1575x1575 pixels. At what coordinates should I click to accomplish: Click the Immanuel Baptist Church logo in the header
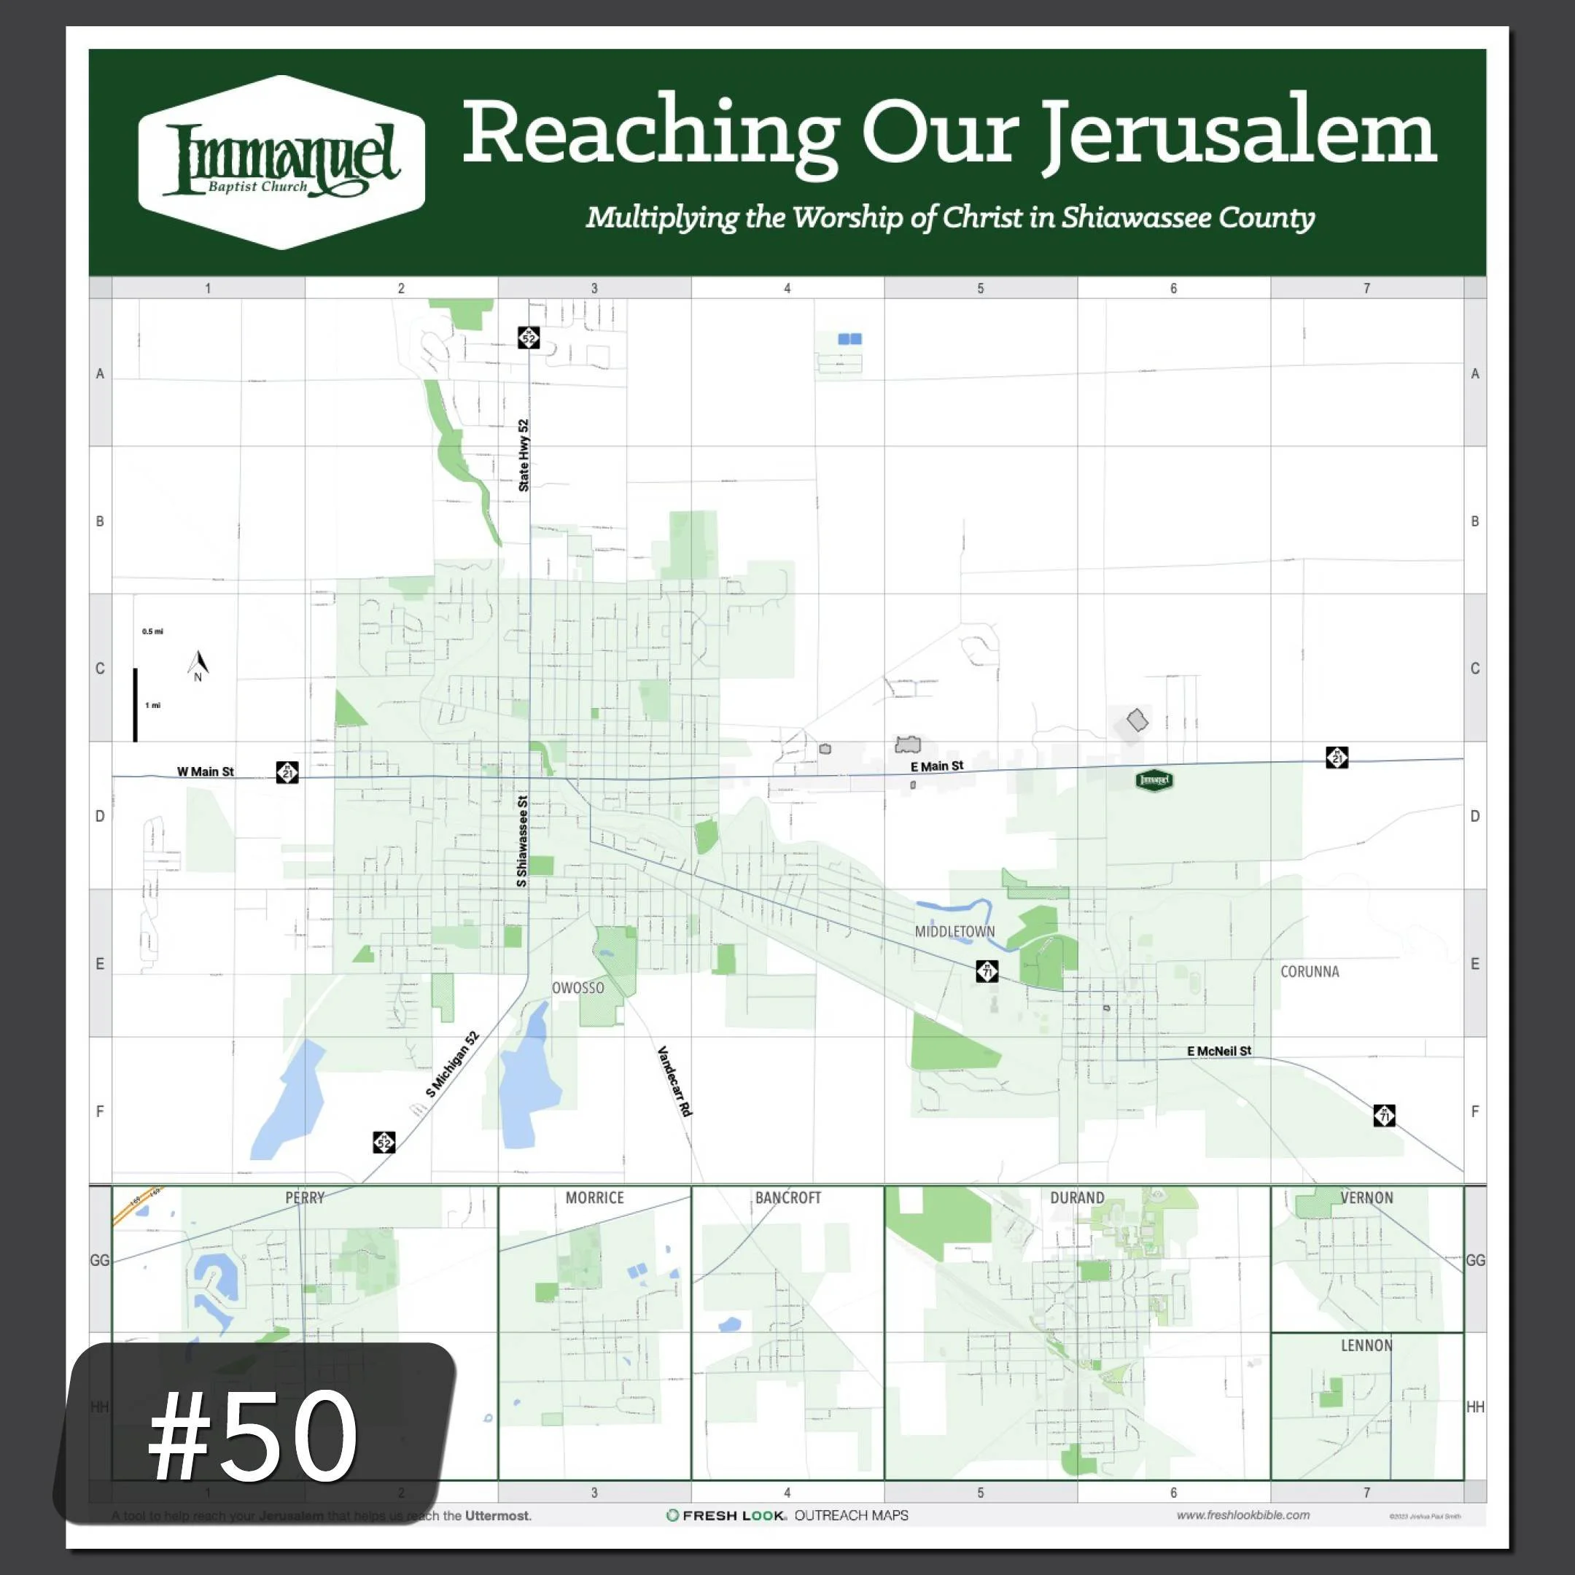[281, 161]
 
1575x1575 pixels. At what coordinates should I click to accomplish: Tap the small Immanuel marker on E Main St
[1154, 780]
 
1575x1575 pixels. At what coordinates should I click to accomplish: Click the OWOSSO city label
[578, 988]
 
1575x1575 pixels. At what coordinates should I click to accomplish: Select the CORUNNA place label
[1310, 972]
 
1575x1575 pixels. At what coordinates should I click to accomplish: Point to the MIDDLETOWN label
[954, 932]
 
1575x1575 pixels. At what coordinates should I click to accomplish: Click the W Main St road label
[206, 771]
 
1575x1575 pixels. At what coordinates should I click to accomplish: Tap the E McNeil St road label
[1218, 1051]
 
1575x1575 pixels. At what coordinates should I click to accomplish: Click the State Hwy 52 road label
[524, 455]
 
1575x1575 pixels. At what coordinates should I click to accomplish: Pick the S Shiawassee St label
[522, 841]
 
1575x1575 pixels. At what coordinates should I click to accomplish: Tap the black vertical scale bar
[136, 704]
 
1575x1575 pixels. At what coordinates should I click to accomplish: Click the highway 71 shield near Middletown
[987, 971]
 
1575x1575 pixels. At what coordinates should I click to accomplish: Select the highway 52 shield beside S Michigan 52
[384, 1142]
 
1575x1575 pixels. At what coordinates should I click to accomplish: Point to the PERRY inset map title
[305, 1197]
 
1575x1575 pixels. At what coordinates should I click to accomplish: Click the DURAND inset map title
[1077, 1197]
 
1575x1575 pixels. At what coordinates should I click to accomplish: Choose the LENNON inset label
[1366, 1345]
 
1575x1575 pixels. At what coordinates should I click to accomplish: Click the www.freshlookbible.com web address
[1242, 1514]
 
